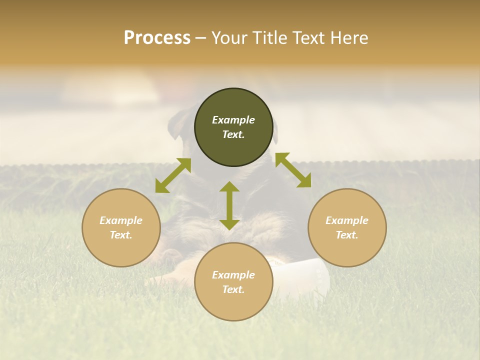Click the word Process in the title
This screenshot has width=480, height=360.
[x=157, y=38]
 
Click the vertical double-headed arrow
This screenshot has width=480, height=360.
[x=229, y=205]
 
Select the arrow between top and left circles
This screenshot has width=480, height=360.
[x=173, y=175]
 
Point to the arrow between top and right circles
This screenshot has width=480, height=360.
[x=293, y=170]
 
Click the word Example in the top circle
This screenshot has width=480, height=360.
[x=233, y=120]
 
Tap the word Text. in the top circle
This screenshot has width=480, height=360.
[x=233, y=134]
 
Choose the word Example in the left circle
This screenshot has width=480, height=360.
[x=121, y=220]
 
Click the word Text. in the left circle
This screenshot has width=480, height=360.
[x=121, y=235]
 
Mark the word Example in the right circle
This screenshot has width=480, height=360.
[x=347, y=220]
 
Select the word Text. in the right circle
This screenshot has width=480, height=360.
[x=347, y=235]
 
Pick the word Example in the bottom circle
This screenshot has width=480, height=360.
[x=233, y=275]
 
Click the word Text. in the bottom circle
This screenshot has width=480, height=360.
[x=233, y=289]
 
